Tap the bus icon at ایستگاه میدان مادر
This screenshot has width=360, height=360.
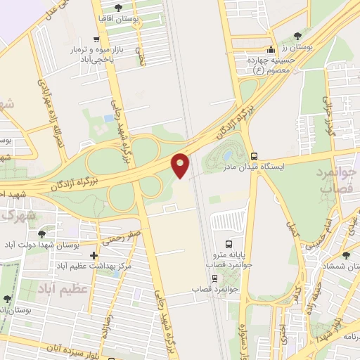click(254, 157)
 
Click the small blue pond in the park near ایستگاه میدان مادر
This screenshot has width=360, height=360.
click(229, 155)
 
